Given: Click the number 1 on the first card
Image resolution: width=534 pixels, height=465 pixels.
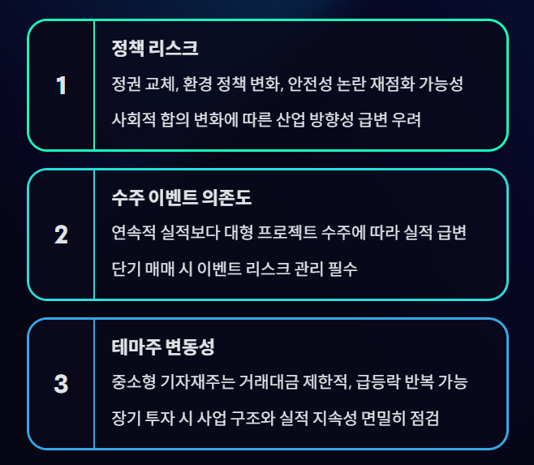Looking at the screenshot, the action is [61, 85].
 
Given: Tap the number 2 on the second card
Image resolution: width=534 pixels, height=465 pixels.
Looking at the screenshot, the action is [61, 235].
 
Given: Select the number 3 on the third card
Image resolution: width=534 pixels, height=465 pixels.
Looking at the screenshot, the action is [61, 384].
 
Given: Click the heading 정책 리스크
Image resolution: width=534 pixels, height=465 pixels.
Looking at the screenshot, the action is [155, 48].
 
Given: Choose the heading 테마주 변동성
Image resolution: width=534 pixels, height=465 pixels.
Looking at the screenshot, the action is [163, 347].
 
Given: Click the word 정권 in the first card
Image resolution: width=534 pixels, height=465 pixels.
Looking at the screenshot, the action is [127, 84].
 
